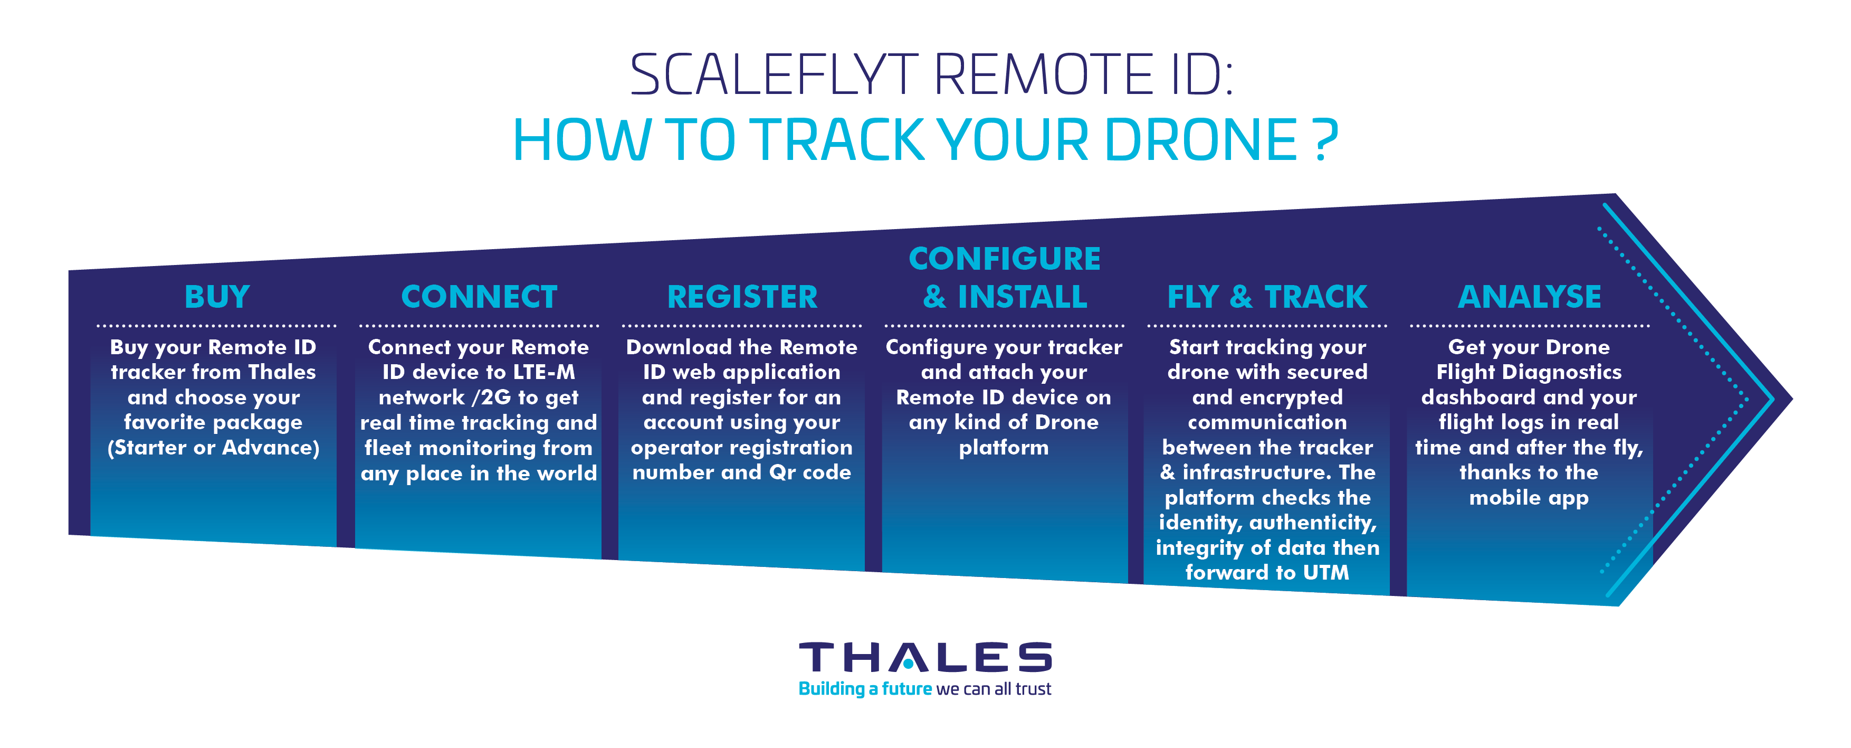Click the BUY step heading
click(x=217, y=297)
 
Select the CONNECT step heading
click(x=479, y=297)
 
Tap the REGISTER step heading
click(x=742, y=297)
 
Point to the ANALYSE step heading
click(x=1530, y=297)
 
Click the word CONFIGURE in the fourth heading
click(x=1005, y=259)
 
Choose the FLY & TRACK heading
click(x=1267, y=297)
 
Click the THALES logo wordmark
click(x=925, y=657)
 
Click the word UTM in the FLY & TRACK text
click(x=1327, y=573)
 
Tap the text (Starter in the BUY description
click(x=148, y=448)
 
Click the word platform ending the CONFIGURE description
click(x=1004, y=448)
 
